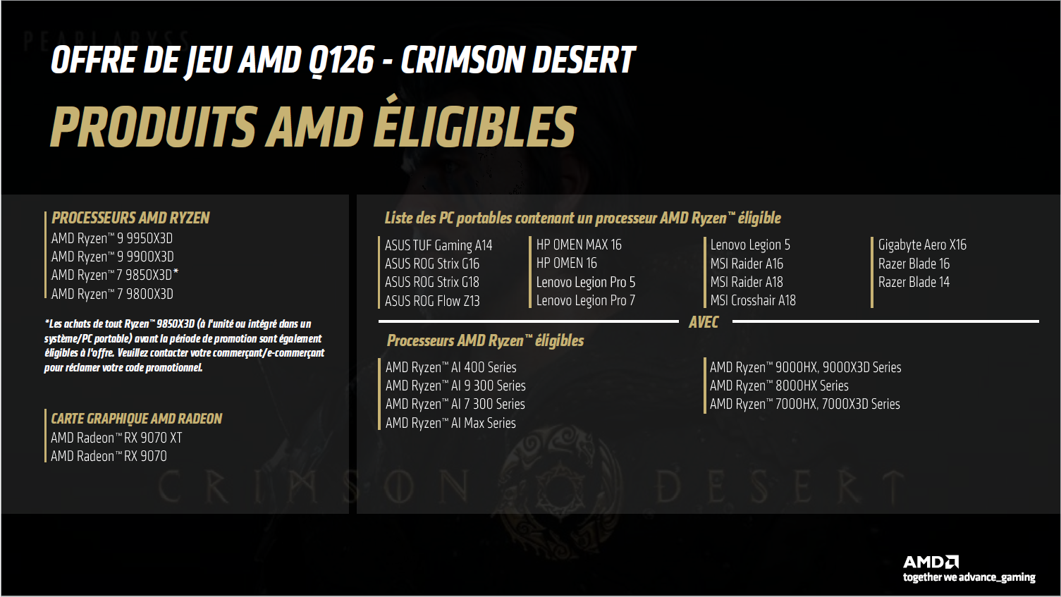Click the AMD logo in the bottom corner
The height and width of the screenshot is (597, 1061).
pos(931,562)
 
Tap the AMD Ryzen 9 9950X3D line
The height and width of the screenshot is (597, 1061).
pos(112,238)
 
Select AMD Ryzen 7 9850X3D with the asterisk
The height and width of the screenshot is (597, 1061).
pos(115,275)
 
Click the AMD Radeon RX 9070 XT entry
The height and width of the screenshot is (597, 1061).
pos(116,438)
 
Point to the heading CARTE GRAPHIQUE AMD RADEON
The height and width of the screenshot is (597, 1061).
pos(137,419)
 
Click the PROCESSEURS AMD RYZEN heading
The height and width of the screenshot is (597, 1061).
pos(130,218)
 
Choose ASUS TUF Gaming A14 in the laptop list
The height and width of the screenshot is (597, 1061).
pos(438,245)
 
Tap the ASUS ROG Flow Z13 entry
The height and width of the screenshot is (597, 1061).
pos(432,301)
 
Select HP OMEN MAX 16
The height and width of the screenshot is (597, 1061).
pos(579,245)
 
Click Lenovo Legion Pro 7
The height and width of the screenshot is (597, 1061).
pos(586,300)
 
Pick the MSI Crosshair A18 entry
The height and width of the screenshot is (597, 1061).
pos(753,300)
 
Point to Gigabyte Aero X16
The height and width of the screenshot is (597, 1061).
pos(922,245)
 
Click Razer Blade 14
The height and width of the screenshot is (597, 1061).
pos(914,282)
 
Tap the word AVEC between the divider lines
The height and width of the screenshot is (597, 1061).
pos(704,322)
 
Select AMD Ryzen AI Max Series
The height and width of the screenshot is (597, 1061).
pos(450,423)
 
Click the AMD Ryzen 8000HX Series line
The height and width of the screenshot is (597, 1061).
pos(779,386)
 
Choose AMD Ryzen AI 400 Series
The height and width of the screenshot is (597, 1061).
pos(451,367)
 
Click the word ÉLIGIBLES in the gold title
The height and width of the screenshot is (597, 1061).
pos(474,127)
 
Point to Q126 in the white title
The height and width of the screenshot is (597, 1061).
pos(342,61)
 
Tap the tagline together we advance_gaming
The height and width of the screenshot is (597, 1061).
pos(969,577)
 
